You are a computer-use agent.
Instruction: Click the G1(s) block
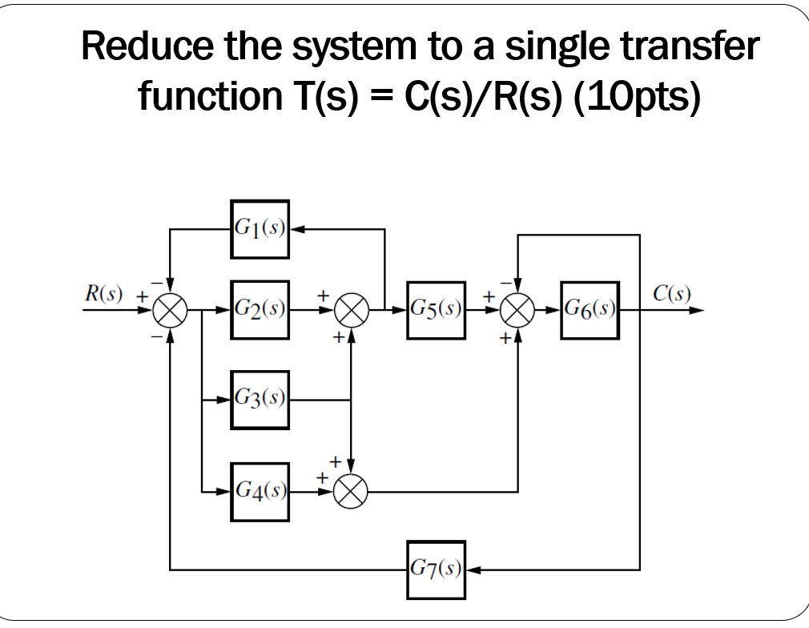(x=260, y=229)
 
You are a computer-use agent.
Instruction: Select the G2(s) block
(x=260, y=309)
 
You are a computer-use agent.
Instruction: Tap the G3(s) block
(x=260, y=399)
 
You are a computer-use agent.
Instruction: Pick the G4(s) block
(x=260, y=491)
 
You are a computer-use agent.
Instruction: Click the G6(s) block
(x=590, y=309)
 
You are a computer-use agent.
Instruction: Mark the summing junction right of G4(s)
(x=352, y=491)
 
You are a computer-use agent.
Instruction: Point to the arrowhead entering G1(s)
(x=294, y=229)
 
